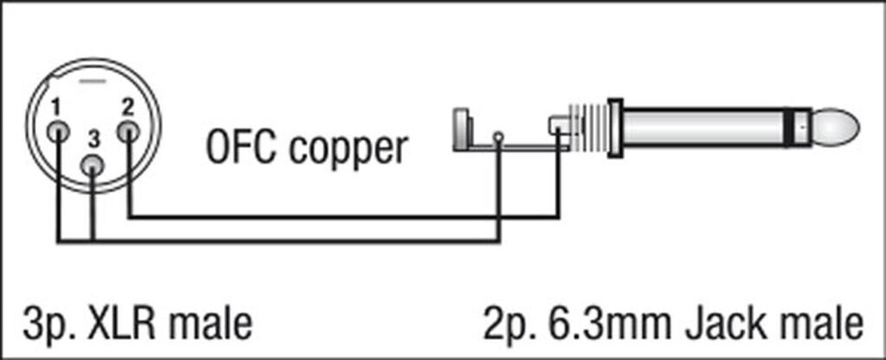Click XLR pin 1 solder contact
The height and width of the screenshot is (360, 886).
[59, 132]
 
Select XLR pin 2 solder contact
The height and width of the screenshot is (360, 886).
[129, 132]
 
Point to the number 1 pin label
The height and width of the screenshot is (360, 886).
[55, 108]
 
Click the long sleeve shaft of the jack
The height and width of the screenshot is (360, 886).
[709, 129]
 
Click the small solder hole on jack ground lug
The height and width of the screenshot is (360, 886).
[498, 137]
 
